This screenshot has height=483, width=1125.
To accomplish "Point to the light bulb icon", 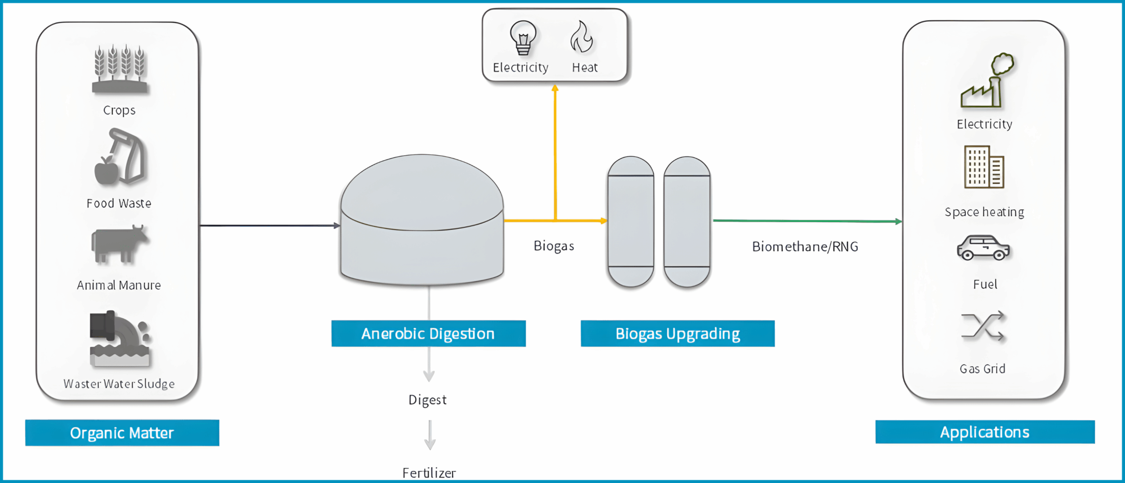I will point(523,38).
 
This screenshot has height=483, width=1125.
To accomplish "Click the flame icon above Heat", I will point(582,37).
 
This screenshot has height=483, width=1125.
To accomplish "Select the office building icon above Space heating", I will point(984,167).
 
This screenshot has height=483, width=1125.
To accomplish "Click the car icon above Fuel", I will point(983,248).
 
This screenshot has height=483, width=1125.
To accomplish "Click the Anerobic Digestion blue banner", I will point(428,334).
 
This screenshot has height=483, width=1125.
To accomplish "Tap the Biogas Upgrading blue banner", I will point(678,334).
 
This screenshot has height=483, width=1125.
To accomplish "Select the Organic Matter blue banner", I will point(122,433).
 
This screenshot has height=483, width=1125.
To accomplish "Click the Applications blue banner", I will point(985,432).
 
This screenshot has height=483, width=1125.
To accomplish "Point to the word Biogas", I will point(554,246).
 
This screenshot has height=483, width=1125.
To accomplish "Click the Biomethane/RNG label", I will point(805,247).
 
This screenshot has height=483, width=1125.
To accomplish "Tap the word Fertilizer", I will point(429,473).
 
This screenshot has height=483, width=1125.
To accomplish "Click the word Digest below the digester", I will point(428,399).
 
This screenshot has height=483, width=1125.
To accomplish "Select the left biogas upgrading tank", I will point(631,221).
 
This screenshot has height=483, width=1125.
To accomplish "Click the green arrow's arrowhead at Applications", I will point(899,222).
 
